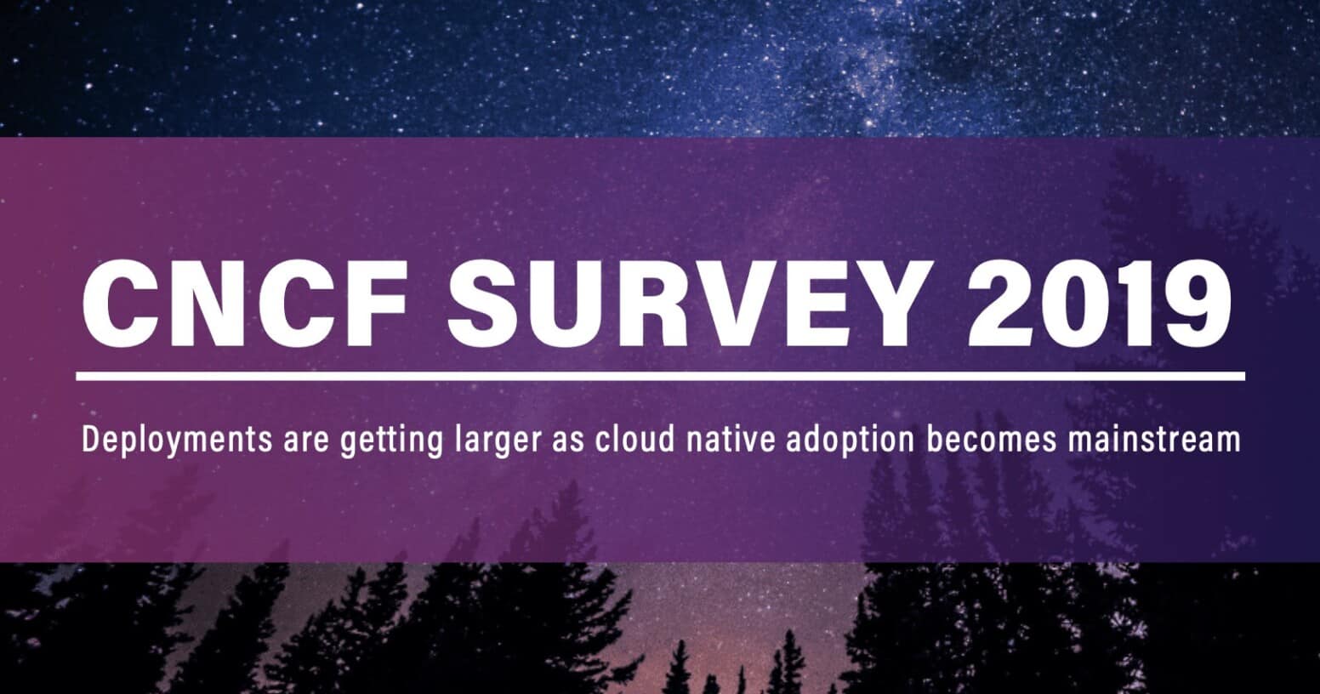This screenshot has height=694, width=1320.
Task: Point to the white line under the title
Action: [x=660, y=375]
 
